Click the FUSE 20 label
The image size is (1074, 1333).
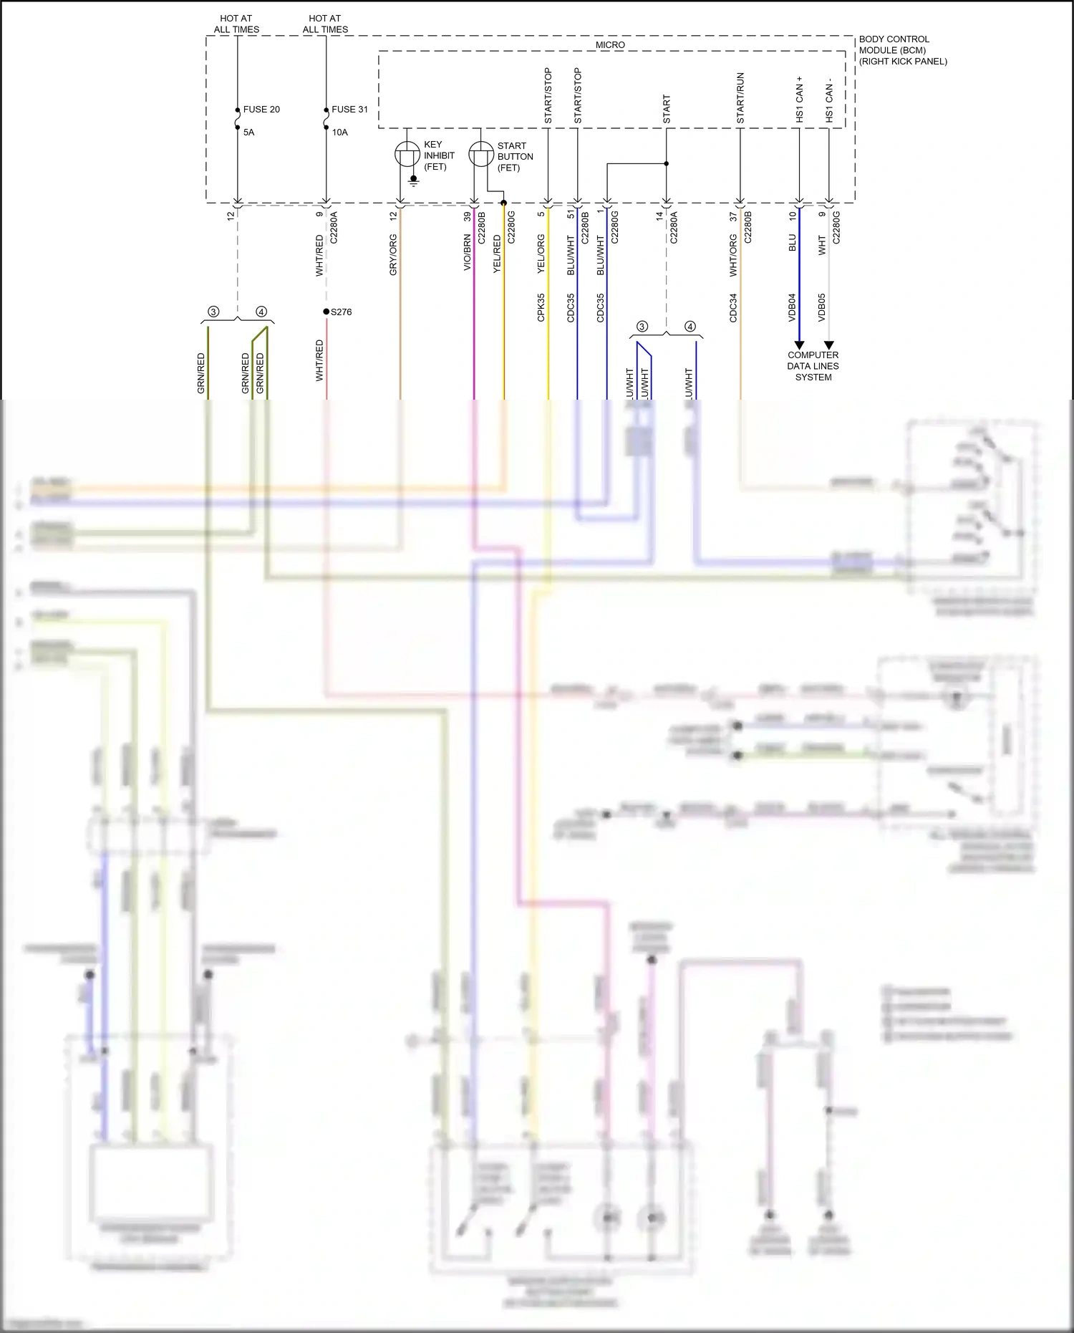(261, 110)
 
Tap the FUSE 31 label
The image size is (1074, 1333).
(349, 110)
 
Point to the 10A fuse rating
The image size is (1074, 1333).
(339, 133)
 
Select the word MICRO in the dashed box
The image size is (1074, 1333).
(610, 45)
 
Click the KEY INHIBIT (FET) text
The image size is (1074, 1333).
(439, 155)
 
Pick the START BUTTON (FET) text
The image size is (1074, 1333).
(515, 157)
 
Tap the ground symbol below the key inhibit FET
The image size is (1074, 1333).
(413, 180)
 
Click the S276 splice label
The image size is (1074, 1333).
(341, 312)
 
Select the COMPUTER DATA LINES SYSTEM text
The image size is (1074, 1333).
(813, 366)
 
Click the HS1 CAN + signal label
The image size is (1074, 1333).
(800, 99)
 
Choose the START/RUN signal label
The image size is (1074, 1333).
(740, 98)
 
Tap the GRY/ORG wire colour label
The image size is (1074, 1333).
(393, 255)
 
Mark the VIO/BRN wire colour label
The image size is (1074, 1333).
(468, 252)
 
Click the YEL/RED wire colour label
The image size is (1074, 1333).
(497, 254)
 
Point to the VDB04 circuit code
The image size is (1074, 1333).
(793, 307)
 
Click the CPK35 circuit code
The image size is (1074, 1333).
(541, 307)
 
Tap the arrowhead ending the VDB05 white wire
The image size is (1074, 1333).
(829, 345)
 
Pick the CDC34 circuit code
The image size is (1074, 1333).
(733, 307)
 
